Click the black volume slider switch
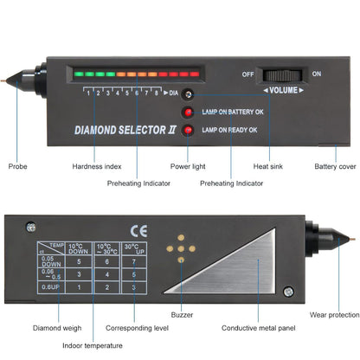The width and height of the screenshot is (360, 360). [x=283, y=76]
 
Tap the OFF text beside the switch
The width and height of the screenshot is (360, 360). [x=249, y=74]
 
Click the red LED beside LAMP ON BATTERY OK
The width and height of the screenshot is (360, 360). [x=188, y=112]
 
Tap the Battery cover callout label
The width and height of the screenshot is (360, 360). [x=334, y=166]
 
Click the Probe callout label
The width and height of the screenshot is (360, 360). [x=18, y=166]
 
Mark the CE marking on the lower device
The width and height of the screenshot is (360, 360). [x=138, y=231]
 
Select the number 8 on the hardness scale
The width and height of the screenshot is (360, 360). [x=157, y=91]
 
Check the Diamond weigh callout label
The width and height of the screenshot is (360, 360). [x=34, y=328]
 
